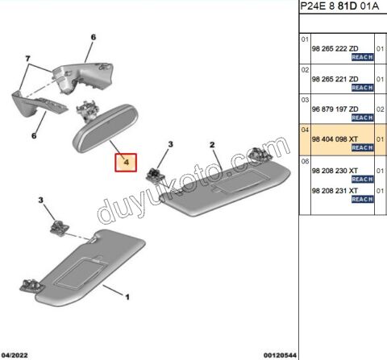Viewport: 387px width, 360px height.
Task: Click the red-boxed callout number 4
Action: pos(125,163)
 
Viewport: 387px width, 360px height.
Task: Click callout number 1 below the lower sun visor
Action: pos(127,297)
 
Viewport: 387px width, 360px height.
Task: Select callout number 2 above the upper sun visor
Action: pos(212,145)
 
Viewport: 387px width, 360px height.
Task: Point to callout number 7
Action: pos(28,60)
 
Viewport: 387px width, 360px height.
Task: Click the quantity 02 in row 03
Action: pos(380,108)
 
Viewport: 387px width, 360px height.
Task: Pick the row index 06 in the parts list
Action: pos(305,160)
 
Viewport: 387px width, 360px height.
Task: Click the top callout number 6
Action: pos(93,37)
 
